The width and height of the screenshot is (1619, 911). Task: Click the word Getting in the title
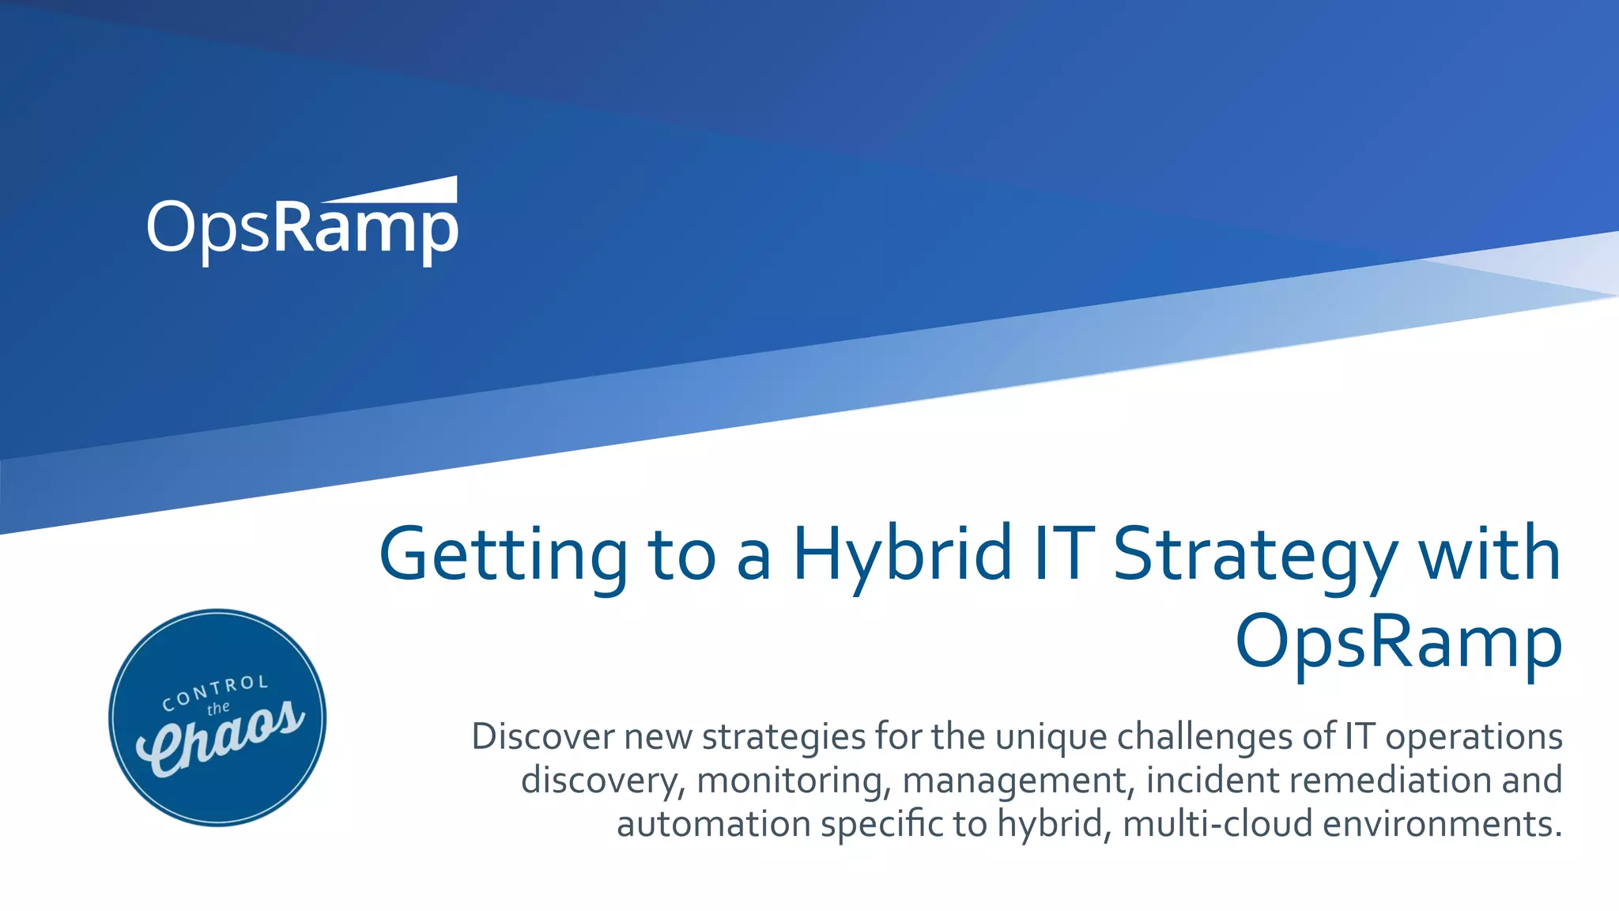(x=504, y=554)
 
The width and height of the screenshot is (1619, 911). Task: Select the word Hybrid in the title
(x=902, y=554)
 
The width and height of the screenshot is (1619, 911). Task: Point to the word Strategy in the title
(x=1255, y=554)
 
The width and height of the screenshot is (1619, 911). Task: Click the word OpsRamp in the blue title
(x=1398, y=641)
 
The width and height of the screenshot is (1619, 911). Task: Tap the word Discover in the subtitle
(x=542, y=736)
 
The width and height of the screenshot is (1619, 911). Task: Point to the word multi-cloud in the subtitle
(x=1217, y=824)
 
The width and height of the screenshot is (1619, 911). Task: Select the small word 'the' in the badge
(x=218, y=709)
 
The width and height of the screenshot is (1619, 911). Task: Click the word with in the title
(x=1489, y=554)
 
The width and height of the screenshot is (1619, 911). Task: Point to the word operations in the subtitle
(x=1474, y=736)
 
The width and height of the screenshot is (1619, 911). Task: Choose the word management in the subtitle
(x=1015, y=781)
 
